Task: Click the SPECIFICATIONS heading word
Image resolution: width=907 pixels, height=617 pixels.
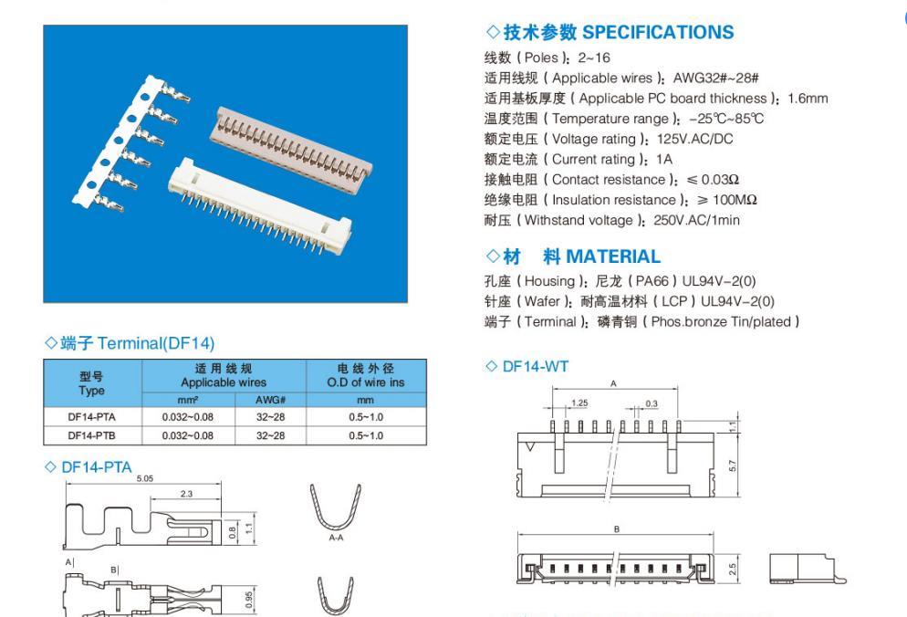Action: [658, 33]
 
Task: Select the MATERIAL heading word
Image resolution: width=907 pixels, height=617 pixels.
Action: [613, 256]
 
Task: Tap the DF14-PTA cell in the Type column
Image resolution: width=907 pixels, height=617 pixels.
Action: [91, 417]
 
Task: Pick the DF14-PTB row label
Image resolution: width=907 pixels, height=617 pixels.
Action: [91, 435]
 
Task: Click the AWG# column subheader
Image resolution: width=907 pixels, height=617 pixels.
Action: [270, 400]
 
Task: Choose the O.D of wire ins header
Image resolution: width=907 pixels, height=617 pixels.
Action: [366, 382]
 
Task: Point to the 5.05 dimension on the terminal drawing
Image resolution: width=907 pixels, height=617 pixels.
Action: [144, 478]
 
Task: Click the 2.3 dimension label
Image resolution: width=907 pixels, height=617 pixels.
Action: [186, 494]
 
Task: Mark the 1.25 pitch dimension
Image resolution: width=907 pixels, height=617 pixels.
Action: [579, 403]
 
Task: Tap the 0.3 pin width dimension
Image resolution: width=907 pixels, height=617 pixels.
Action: [652, 403]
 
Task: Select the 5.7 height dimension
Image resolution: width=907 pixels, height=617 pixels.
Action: [733, 465]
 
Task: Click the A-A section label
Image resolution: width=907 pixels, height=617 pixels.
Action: [336, 538]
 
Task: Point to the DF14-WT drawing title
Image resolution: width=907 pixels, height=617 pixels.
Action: [535, 366]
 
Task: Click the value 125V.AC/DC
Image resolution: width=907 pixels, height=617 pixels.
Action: [694, 140]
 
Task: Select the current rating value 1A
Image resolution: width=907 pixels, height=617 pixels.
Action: [664, 160]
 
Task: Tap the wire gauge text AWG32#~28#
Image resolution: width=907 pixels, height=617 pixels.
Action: [715, 78]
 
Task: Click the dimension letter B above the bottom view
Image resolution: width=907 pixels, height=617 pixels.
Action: [617, 529]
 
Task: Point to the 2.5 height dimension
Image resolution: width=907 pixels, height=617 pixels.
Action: [733, 569]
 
